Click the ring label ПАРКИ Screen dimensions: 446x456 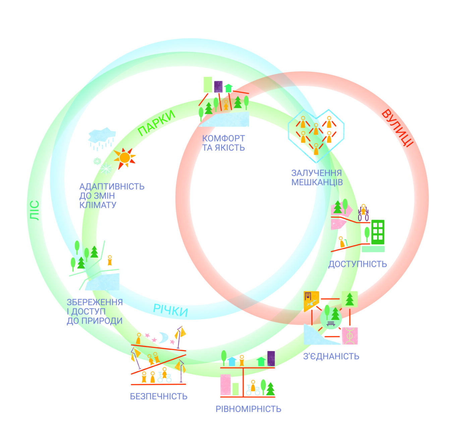click(x=157, y=123)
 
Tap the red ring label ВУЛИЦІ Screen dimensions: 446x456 click(x=398, y=128)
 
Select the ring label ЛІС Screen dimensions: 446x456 click(x=34, y=210)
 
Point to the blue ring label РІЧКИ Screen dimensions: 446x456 click(x=170, y=310)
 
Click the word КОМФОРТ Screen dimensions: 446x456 click(x=223, y=138)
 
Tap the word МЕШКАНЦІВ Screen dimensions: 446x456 click(x=317, y=182)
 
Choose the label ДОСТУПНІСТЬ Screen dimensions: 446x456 click(x=357, y=264)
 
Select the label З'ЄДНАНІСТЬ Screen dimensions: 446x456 click(x=331, y=356)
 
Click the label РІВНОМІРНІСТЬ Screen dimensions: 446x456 click(x=248, y=409)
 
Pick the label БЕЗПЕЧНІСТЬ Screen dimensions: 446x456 click(x=159, y=396)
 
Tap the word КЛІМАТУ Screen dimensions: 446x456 click(x=98, y=205)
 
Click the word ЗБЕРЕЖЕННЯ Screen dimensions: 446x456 click(x=95, y=302)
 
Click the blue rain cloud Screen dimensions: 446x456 click(x=102, y=136)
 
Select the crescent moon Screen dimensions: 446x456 click(x=164, y=337)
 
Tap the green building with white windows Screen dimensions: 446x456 click(x=378, y=232)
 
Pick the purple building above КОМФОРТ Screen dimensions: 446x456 click(x=218, y=86)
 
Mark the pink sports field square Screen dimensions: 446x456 click(x=350, y=336)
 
